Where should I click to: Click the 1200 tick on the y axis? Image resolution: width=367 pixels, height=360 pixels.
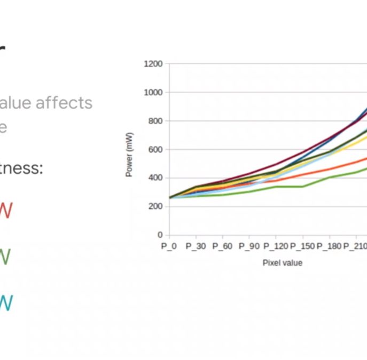(153, 64)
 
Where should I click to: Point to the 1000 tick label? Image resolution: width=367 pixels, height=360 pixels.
(153, 93)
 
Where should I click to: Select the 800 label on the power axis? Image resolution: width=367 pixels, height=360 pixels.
(155, 121)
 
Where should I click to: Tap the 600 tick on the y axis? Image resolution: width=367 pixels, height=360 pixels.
(155, 150)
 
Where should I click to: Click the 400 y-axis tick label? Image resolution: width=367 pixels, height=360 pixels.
(155, 178)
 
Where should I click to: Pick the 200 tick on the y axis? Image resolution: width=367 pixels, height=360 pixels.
(155, 206)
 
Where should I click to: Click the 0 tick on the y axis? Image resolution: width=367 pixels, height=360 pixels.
(160, 235)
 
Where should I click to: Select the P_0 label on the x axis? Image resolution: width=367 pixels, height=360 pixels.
(169, 247)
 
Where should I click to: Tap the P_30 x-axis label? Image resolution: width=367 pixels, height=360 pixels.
(196, 247)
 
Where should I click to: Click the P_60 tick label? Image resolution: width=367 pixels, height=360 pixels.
(222, 247)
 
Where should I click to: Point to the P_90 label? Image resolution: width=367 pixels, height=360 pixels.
(249, 247)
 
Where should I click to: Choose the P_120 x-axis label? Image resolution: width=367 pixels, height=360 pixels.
(275, 247)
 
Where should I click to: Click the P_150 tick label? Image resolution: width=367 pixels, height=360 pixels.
(302, 247)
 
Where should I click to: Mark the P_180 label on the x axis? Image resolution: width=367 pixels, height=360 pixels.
(329, 247)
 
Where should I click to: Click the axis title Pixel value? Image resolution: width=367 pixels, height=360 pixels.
(282, 263)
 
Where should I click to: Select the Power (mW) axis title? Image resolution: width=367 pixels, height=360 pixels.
(130, 155)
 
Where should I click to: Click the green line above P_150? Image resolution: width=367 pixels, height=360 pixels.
(302, 187)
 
